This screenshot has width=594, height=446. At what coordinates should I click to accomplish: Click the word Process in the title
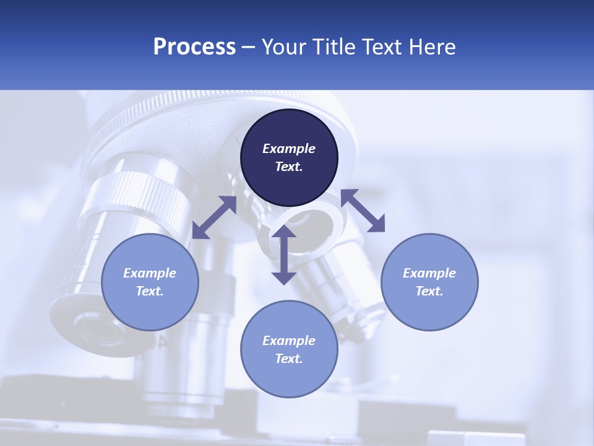point(194,47)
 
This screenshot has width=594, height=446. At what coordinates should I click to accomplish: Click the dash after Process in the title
point(249,48)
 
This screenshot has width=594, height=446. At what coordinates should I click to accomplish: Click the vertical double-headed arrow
point(284,255)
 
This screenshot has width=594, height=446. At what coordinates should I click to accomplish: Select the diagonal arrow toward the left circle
point(214,217)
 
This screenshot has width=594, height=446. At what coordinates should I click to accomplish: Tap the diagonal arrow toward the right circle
point(363,211)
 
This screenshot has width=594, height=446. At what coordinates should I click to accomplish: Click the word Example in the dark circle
point(289,149)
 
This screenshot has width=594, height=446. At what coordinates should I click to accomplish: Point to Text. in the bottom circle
point(289,359)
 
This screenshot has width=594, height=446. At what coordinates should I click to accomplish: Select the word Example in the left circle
point(150,273)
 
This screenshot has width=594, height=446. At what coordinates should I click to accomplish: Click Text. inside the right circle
point(429,291)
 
